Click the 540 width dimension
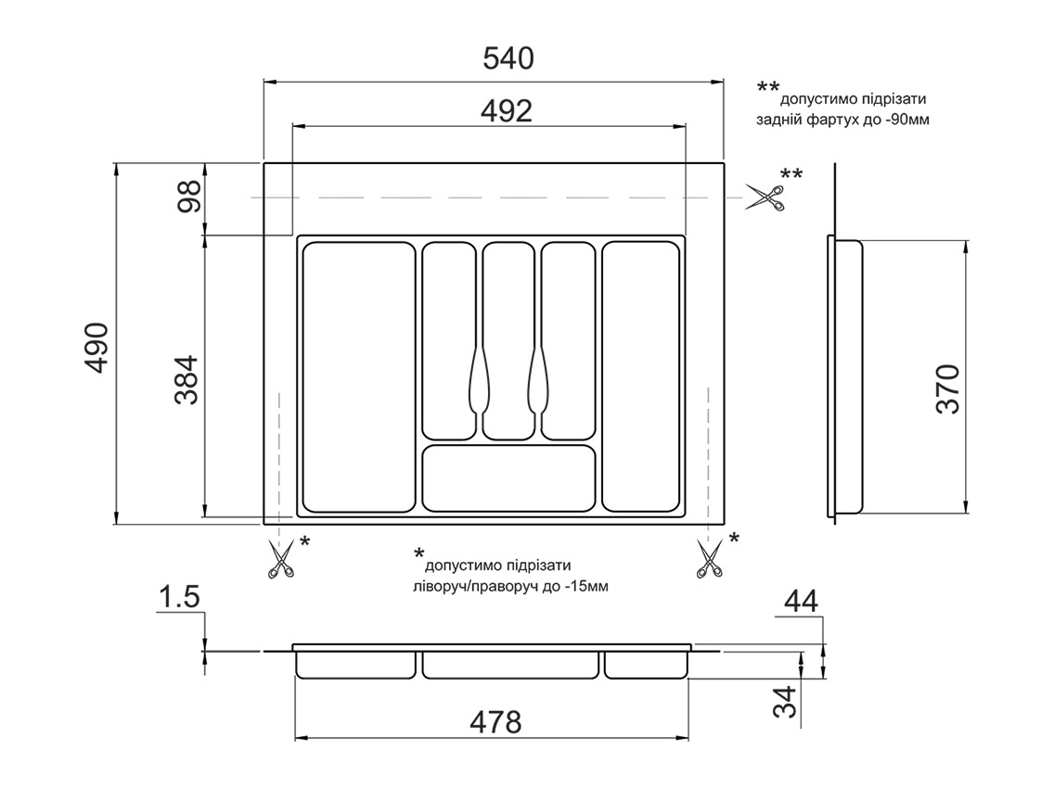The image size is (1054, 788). pyautogui.click(x=508, y=58)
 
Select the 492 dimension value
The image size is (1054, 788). pyautogui.click(x=507, y=111)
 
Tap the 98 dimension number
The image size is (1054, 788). pyautogui.click(x=190, y=198)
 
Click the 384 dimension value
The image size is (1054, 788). pyautogui.click(x=186, y=381)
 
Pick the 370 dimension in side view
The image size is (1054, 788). pyautogui.click(x=947, y=388)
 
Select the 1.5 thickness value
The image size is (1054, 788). pyautogui.click(x=179, y=598)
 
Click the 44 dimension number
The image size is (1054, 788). pyautogui.click(x=801, y=602)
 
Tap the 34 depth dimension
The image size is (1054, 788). pyautogui.click(x=786, y=702)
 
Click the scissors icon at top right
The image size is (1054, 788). pyautogui.click(x=766, y=197)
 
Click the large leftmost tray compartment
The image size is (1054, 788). pyautogui.click(x=358, y=376)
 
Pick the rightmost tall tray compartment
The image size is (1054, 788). pyautogui.click(x=640, y=375)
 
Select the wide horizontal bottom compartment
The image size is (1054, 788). pyautogui.click(x=508, y=478)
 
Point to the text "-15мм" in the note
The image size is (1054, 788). pyautogui.click(x=586, y=587)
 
